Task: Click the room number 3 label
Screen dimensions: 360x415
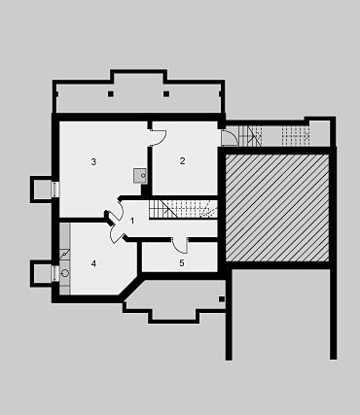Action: tap(93, 161)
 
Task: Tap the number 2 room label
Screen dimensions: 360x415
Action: tap(183, 160)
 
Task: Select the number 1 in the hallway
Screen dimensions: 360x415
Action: tap(132, 221)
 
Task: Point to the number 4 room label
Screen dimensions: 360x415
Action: tap(93, 263)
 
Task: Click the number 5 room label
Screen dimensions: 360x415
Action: tap(182, 263)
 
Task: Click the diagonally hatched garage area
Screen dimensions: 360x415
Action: tap(277, 208)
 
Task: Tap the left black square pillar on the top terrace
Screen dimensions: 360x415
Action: tap(111, 94)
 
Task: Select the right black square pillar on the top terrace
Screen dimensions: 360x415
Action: tap(166, 94)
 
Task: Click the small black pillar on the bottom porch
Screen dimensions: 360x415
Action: tap(222, 299)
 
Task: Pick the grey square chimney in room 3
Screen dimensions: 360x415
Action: tap(140, 176)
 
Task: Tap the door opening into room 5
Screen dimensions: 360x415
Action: tap(180, 245)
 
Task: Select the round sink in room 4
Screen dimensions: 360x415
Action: tap(65, 273)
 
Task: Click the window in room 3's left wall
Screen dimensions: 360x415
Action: tap(55, 190)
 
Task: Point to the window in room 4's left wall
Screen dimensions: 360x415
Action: tap(55, 273)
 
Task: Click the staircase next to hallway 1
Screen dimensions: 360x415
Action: tap(183, 209)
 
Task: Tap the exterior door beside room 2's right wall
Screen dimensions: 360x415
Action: tap(230, 137)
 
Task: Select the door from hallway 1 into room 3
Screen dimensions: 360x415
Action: tap(116, 210)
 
